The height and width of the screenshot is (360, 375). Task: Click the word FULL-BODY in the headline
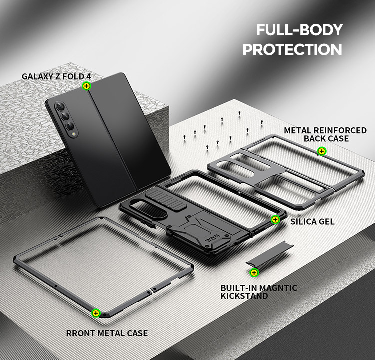point(299,30)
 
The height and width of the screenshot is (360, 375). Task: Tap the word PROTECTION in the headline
point(292,49)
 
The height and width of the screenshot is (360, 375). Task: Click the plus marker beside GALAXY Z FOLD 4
point(87,86)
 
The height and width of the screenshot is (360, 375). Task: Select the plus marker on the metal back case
point(322,151)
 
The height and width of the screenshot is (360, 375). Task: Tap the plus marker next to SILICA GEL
point(275,219)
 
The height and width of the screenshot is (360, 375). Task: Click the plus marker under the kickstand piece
point(254,272)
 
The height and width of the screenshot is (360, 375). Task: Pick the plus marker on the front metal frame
point(96,313)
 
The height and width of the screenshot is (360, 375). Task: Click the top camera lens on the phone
point(60,106)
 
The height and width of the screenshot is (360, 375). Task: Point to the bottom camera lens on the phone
point(70,126)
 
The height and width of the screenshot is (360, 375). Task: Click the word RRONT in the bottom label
point(81,333)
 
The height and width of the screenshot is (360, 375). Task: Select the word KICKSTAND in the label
point(244,296)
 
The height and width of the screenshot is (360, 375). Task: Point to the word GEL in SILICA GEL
point(326,221)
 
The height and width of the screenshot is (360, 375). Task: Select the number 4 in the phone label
point(88,77)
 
